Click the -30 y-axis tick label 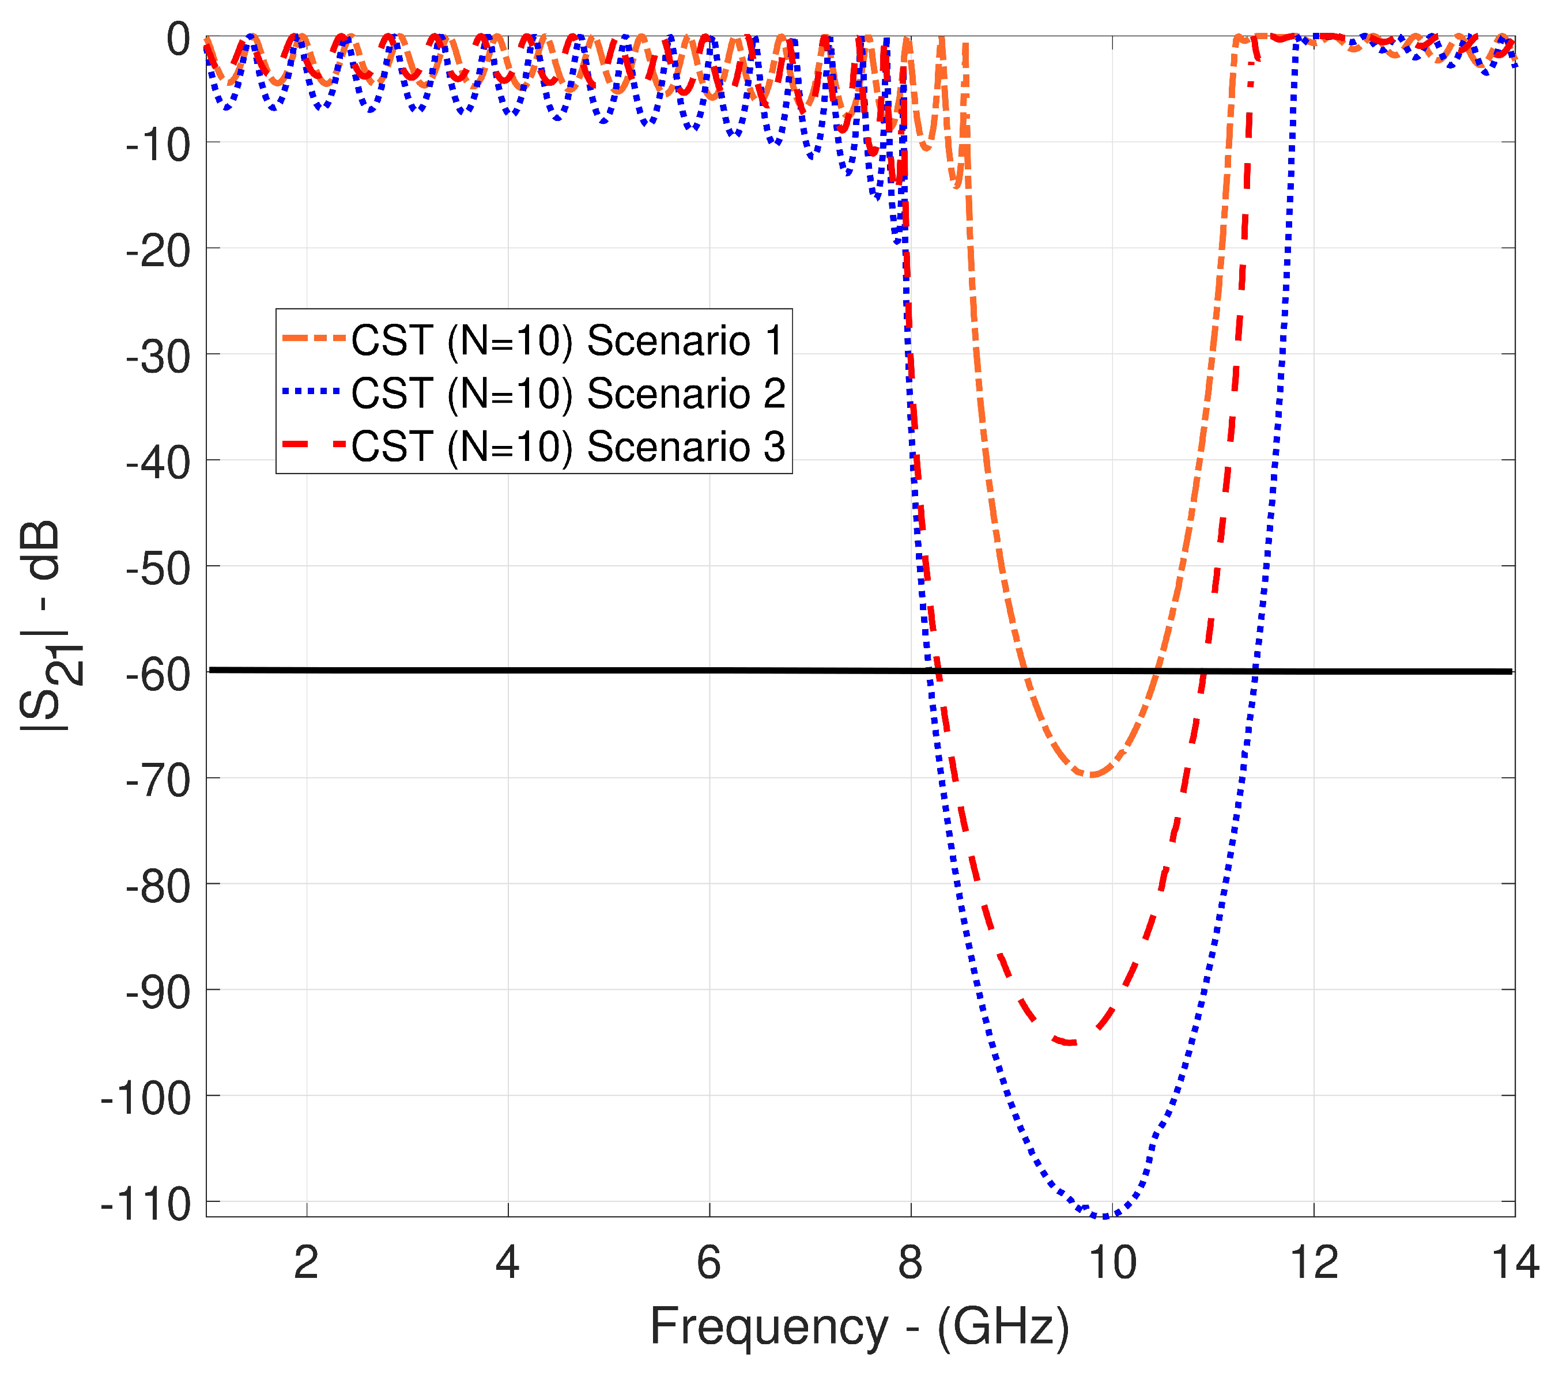[158, 356]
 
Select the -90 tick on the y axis [158, 993]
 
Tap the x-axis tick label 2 [306, 1264]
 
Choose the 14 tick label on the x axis [1515, 1264]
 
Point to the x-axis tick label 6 [708, 1264]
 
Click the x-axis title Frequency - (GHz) [860, 1328]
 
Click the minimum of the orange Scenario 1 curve [1091, 775]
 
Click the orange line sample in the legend [314, 338]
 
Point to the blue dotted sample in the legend [314, 392]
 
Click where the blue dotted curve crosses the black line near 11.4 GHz [1255, 671]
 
